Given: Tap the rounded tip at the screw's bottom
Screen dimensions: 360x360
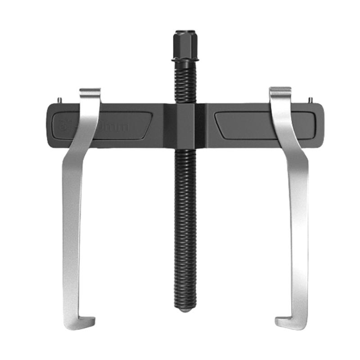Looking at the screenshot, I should [x=184, y=309].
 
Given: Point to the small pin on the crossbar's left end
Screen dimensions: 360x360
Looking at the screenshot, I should [x=60, y=100].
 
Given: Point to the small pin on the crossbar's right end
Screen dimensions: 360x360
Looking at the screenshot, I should [x=310, y=100].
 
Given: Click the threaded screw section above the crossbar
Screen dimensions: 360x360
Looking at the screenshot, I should [x=184, y=83].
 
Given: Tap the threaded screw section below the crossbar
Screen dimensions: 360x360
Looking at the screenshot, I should [x=184, y=225].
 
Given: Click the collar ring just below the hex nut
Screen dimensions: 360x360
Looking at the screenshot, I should [x=184, y=59].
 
